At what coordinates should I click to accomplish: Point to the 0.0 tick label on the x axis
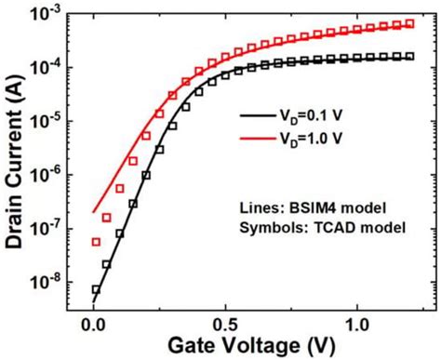94,323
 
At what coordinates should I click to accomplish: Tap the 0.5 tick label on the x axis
225,323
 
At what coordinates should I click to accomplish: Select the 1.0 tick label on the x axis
356,323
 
